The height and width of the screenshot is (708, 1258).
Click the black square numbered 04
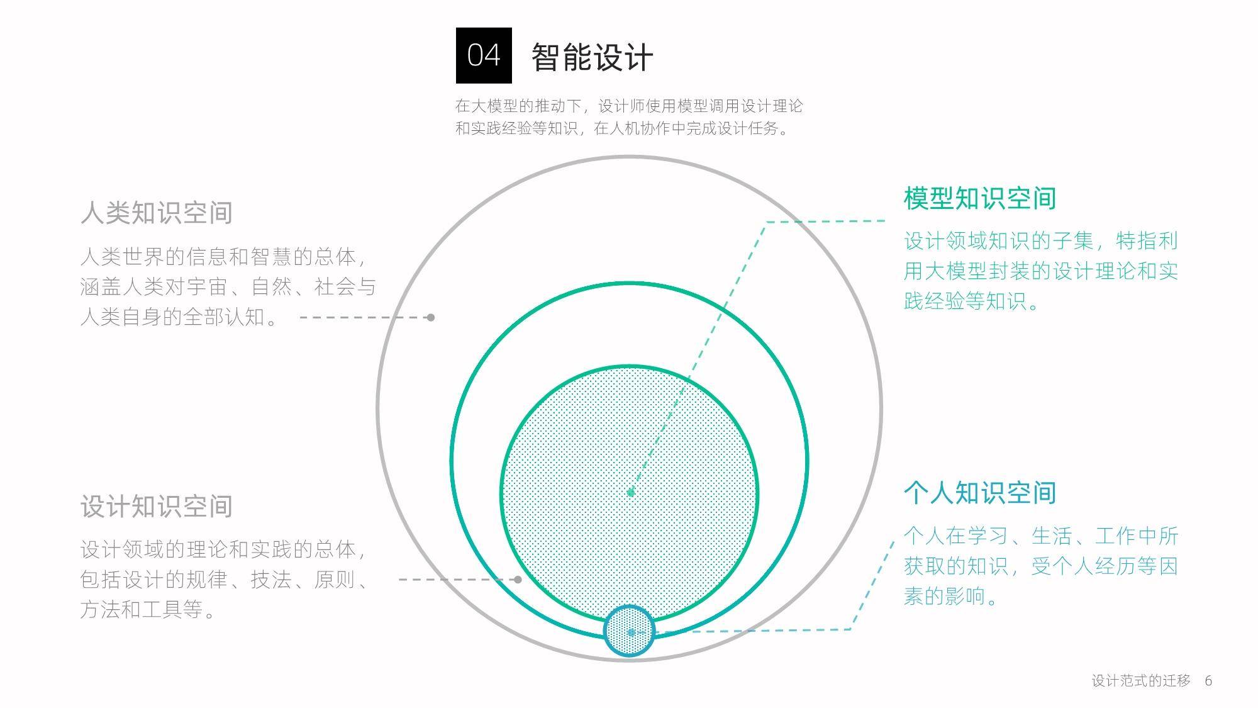[484, 55]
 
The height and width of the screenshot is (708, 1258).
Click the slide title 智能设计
[593, 57]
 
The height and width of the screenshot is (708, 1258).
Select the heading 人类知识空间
[157, 213]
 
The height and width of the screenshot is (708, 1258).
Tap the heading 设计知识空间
[157, 506]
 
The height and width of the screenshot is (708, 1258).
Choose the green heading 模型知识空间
[980, 198]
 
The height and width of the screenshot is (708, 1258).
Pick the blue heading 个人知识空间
[980, 493]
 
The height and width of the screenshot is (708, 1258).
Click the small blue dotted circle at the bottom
[629, 631]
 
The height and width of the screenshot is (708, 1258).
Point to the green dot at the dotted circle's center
[631, 493]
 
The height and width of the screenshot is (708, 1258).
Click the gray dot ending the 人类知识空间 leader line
[431, 317]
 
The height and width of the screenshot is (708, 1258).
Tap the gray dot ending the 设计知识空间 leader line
[518, 580]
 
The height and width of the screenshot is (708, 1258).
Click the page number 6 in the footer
[1208, 680]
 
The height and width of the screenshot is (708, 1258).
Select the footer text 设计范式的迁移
[1141, 680]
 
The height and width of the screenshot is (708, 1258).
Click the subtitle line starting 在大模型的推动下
[629, 106]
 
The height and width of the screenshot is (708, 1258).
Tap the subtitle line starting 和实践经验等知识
[622, 128]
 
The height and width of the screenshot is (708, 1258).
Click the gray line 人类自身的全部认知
[180, 317]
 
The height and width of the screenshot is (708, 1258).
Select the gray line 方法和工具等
[148, 609]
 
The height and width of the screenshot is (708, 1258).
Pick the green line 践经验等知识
[972, 301]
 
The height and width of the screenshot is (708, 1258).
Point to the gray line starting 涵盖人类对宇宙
[228, 286]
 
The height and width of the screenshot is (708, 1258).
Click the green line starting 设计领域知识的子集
[1041, 240]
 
